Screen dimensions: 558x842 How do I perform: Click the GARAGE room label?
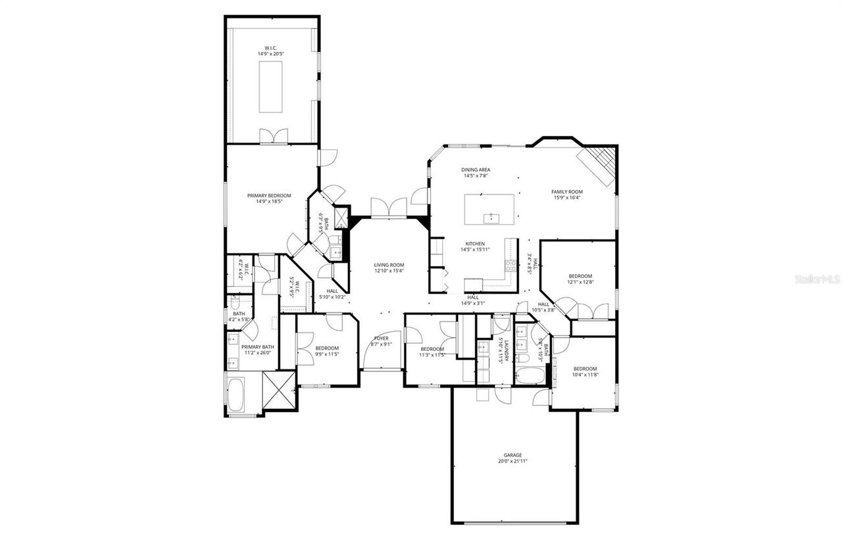[x=512, y=455]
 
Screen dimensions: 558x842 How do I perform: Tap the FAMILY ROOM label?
[x=566, y=192]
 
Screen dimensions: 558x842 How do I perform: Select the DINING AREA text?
[x=476, y=170]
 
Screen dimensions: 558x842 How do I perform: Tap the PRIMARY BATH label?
[x=258, y=347]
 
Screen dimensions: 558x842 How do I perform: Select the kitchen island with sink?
[x=489, y=210]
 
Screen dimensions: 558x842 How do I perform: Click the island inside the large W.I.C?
[x=270, y=87]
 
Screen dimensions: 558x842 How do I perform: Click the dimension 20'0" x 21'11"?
[x=512, y=461]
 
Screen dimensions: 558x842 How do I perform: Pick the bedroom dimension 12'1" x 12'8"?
[x=580, y=282]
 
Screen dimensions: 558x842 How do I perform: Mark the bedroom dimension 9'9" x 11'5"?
[x=327, y=354]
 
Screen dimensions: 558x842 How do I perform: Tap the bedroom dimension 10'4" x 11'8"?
[x=585, y=375]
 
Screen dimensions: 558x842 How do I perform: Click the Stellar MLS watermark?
[x=817, y=279]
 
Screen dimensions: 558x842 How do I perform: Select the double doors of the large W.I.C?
[x=273, y=136]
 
